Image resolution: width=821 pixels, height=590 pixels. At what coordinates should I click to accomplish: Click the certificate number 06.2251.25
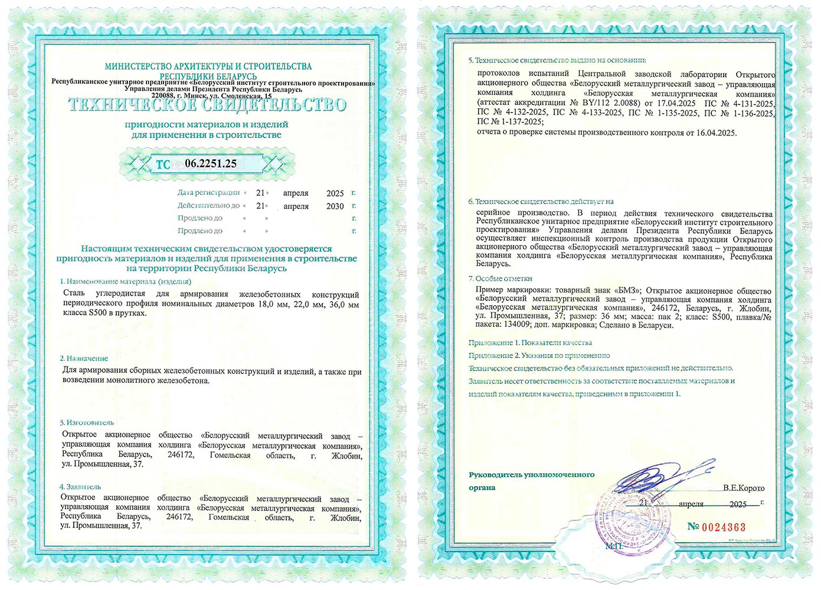pos(211,163)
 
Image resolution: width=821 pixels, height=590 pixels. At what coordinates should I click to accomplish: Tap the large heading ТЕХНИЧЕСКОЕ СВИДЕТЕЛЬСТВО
pos(207,105)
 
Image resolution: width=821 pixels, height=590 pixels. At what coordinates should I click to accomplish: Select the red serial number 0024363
pos(724,527)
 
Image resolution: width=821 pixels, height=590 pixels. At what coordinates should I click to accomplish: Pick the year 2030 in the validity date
pos(335,206)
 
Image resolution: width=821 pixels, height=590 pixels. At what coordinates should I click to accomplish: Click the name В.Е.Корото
pos(743,488)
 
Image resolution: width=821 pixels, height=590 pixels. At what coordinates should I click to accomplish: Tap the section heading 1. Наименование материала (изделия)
pos(125,281)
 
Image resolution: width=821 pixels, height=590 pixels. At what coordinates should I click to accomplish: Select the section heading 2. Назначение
pos(84,358)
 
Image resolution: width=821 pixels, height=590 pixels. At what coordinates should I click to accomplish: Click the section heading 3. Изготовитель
pos(87,422)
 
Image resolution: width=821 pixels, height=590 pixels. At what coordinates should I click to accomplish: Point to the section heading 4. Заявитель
pos(80,487)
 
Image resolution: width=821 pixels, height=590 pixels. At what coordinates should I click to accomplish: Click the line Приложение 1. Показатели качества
pos(530,343)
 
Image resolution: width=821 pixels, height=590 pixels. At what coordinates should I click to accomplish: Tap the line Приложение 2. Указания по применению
pos(539,356)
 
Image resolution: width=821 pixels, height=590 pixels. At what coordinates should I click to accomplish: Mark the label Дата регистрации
pos(208,193)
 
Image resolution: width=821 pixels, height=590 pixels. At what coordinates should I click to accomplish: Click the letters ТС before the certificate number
pos(163,165)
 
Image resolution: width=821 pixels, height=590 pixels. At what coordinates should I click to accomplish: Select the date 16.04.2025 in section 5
pos(716,133)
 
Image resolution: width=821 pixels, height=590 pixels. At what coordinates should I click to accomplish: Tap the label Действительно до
pos(208,206)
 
